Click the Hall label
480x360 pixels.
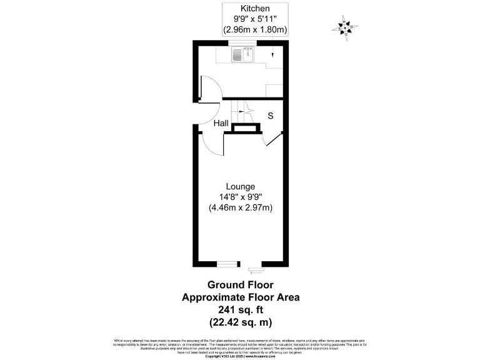[x=221, y=124]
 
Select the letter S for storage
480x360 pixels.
[x=271, y=116]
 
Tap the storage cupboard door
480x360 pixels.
[x=269, y=139]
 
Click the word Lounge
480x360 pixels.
[x=241, y=186]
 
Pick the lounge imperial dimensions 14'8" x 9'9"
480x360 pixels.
[x=241, y=197]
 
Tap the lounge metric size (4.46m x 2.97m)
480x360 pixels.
[x=241, y=207]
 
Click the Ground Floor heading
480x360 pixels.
[x=241, y=284]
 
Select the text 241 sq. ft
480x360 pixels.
[x=241, y=310]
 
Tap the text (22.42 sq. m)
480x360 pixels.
[x=241, y=322]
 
